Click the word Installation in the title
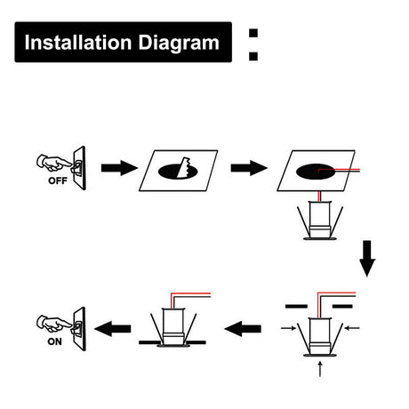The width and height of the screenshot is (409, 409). [x=78, y=43]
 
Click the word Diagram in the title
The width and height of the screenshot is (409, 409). [x=179, y=44]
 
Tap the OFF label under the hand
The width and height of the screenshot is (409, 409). [x=58, y=180]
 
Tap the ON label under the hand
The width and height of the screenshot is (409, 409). [x=54, y=341]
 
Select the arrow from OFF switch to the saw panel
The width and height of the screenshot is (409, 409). [x=119, y=168]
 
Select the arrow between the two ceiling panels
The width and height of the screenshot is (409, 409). [x=249, y=168]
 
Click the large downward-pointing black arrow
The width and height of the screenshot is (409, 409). [x=367, y=259]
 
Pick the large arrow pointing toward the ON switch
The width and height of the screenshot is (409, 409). [x=113, y=329]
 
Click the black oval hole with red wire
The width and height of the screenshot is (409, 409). [x=315, y=172]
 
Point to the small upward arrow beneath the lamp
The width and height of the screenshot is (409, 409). [x=320, y=369]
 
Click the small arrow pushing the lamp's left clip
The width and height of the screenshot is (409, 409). [x=288, y=328]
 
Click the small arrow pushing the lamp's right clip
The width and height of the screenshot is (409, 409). [x=352, y=328]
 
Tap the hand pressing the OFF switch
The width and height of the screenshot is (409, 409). [x=53, y=163]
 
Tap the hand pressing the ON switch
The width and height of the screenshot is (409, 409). [x=53, y=323]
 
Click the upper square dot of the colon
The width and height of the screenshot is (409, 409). [x=253, y=33]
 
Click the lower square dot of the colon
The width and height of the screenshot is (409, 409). [x=253, y=56]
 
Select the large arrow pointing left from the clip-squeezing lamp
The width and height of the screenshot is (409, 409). [x=243, y=329]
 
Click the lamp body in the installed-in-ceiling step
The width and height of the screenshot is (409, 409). [x=173, y=327]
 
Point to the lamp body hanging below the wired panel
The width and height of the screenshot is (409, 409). [x=320, y=221]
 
